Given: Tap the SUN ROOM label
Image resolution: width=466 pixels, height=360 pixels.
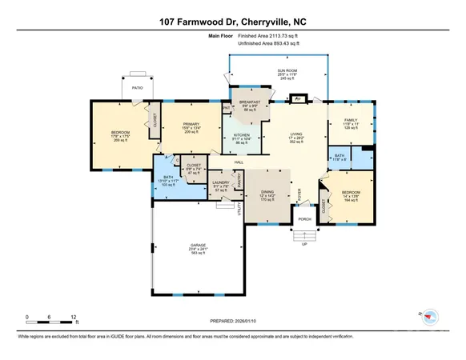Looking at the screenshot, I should (278, 70).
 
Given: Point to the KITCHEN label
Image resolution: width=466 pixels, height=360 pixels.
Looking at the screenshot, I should (243, 135).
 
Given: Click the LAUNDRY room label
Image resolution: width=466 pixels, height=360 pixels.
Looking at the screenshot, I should (221, 183).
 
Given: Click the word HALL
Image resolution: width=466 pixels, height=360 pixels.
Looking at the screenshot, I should (239, 162).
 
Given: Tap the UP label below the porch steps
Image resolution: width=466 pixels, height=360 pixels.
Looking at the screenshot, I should (304, 245).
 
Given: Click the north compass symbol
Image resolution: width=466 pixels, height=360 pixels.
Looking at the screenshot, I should (431, 315).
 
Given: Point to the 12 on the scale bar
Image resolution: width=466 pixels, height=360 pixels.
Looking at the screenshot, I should (74, 318).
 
